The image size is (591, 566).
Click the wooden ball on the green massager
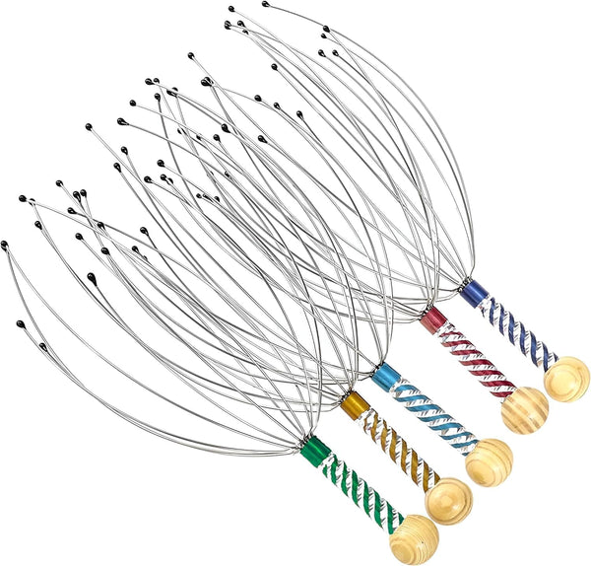(414, 538)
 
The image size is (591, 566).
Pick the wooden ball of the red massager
(524, 409)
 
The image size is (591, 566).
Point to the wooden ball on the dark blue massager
(567, 379)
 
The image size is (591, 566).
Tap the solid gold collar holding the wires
(354, 405)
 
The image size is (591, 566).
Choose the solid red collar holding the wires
(432, 320)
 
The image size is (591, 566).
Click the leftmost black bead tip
(5, 244)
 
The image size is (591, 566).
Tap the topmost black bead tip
(231, 9)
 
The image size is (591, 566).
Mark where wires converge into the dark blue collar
(461, 282)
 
